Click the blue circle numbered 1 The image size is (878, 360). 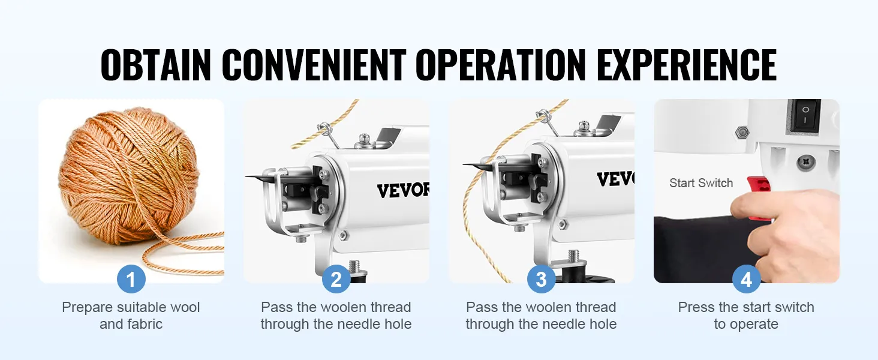tap(131, 279)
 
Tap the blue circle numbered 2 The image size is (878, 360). tap(336, 279)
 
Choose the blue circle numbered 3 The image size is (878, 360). tap(541, 279)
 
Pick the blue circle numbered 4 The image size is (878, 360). tap(746, 279)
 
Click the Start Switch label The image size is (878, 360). tap(701, 184)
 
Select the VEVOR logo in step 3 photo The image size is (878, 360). tap(615, 179)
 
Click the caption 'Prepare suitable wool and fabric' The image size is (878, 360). tap(131, 316)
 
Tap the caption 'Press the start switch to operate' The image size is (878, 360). tap(746, 316)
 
